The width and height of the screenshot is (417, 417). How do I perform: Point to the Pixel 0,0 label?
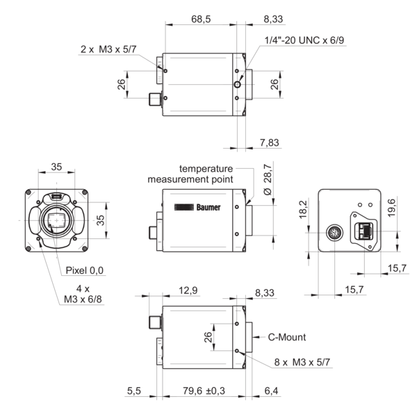tap(85, 270)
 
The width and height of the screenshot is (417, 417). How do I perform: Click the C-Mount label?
tap(287, 338)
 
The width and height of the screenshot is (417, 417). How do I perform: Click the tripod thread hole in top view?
tap(238, 84)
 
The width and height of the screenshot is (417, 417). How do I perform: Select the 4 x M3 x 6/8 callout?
tap(81, 294)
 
